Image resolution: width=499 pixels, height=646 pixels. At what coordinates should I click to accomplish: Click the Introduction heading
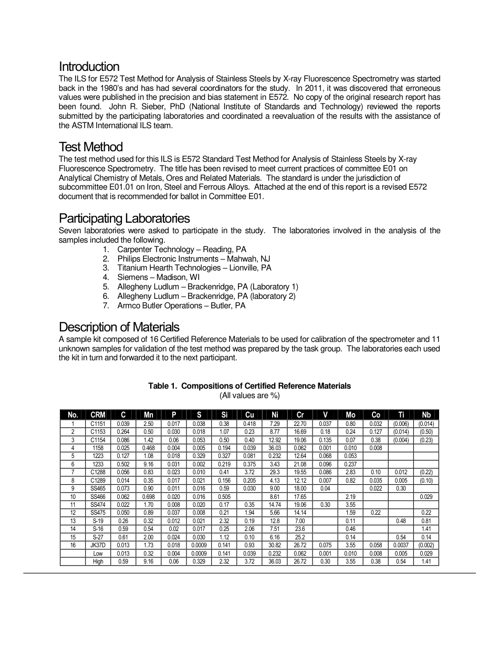[89, 67]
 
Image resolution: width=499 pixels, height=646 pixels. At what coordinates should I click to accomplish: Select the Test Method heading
[90, 147]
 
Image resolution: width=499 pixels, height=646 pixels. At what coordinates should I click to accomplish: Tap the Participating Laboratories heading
[124, 218]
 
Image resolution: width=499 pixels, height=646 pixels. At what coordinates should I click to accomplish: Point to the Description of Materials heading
[119, 327]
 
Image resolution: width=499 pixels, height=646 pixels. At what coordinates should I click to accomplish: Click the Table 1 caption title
[250, 386]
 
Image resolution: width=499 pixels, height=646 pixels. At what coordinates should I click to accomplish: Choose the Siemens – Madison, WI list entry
[158, 277]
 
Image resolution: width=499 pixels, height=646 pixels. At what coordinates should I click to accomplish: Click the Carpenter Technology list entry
[181, 249]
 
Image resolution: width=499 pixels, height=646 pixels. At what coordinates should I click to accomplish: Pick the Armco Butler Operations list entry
[181, 306]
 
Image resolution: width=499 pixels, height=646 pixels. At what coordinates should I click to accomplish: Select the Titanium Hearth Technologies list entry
[194, 268]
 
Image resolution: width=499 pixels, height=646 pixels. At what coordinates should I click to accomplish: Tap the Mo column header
[350, 415]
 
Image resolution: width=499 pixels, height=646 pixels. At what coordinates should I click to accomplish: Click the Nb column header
[426, 415]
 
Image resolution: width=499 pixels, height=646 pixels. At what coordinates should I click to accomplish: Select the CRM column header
[98, 415]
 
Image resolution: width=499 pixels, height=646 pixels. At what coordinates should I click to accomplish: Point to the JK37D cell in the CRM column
[98, 545]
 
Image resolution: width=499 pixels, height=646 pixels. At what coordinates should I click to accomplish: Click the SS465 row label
[98, 488]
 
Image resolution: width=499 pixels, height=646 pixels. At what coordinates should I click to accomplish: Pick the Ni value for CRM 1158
[275, 448]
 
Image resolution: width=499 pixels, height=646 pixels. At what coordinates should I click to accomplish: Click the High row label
[98, 561]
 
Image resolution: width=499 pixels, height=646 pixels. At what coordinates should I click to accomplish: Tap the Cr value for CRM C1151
[300, 424]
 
